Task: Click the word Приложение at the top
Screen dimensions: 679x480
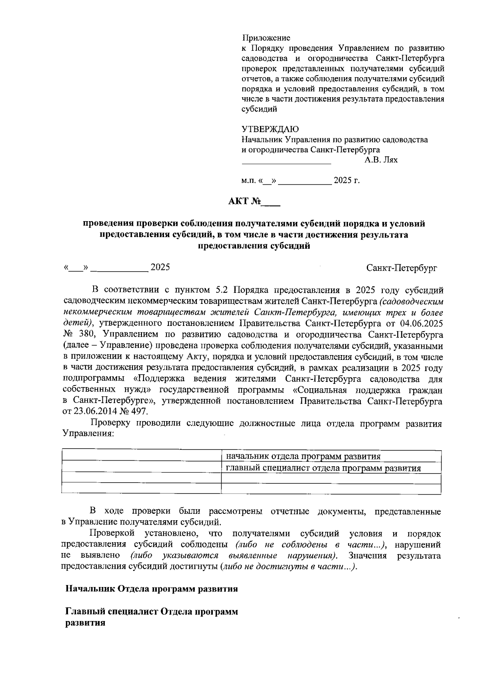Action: [x=266, y=38]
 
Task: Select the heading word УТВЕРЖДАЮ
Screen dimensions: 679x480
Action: [x=270, y=129]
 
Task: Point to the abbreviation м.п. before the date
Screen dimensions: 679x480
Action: [x=249, y=181]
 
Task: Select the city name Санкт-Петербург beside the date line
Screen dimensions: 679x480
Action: [x=402, y=268]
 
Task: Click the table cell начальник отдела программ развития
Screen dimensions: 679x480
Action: [x=303, y=456]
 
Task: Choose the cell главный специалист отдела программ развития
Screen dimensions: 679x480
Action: [x=323, y=468]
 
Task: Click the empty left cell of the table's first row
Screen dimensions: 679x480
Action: [x=142, y=456]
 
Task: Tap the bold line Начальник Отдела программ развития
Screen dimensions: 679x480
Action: [x=152, y=589]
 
